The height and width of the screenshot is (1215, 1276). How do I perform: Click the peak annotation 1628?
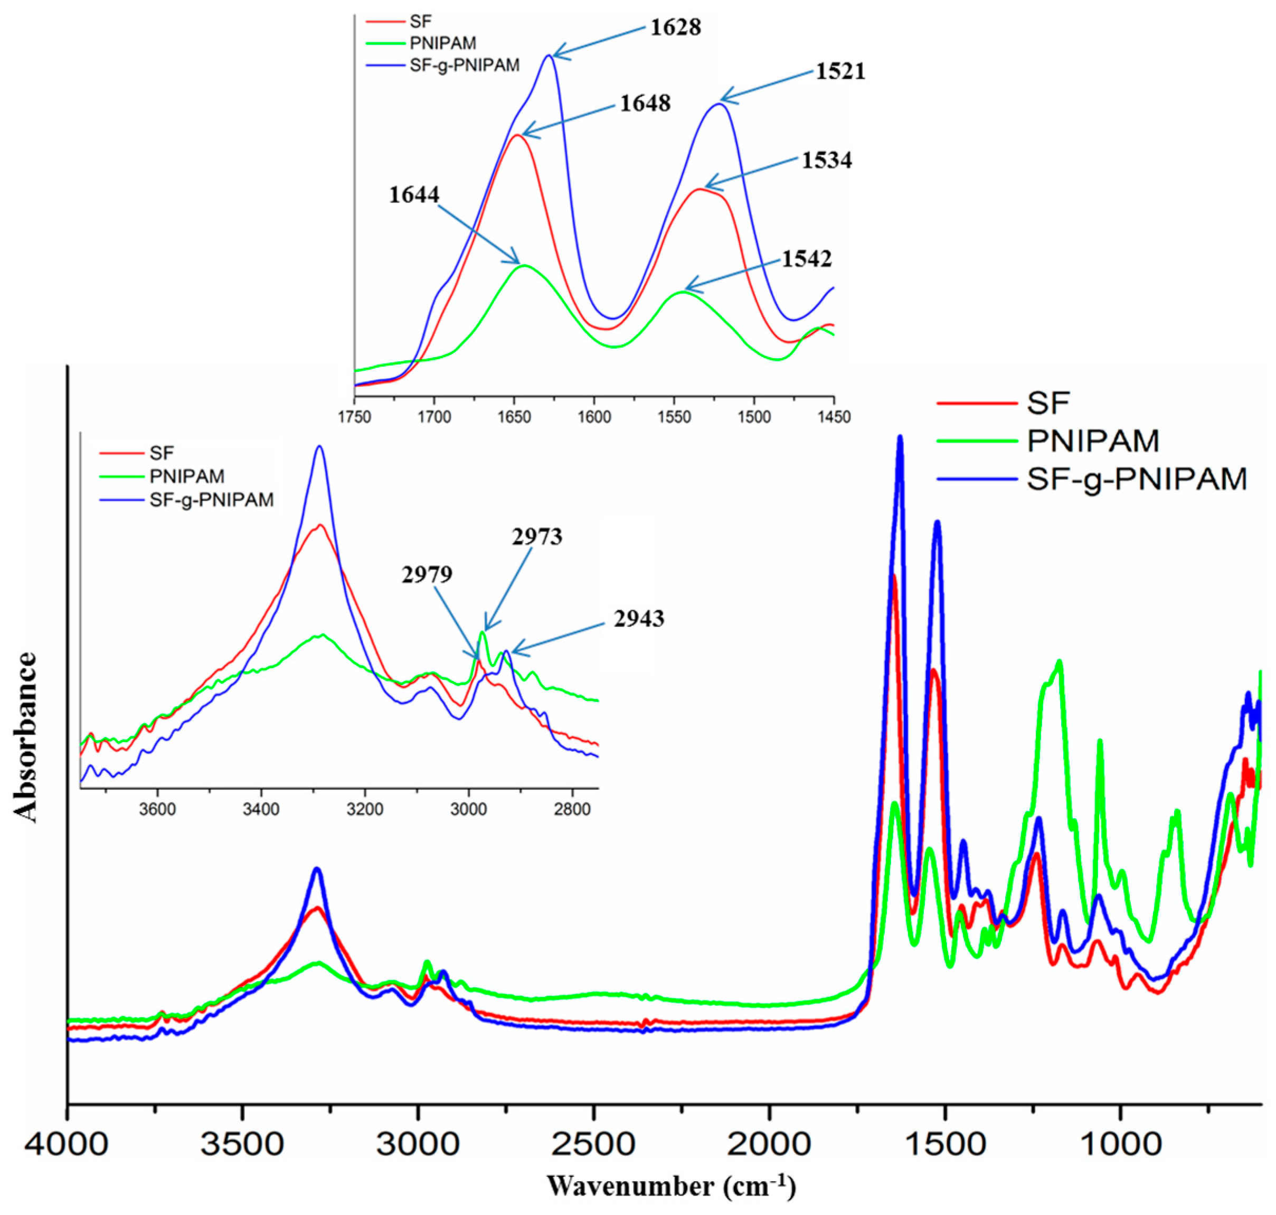tap(675, 27)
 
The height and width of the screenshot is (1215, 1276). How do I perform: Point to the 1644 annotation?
tap(414, 194)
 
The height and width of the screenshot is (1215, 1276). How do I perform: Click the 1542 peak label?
tap(806, 258)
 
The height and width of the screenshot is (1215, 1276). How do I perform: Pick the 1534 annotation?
tap(827, 160)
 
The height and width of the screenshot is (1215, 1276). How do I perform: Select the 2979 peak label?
tap(427, 574)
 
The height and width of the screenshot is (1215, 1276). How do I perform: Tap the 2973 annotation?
tap(537, 536)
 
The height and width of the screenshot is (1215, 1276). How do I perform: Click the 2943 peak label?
tap(638, 619)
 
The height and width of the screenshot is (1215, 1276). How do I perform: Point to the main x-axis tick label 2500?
tap(593, 1144)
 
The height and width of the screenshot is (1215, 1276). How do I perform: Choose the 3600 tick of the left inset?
tap(157, 810)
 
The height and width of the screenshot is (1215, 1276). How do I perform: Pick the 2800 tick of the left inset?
tap(572, 810)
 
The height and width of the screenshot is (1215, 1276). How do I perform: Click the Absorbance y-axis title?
tap(26, 737)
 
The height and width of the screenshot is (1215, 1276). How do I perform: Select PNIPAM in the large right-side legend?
tap(1092, 441)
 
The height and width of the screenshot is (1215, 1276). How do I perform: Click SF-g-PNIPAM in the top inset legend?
tap(464, 66)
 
